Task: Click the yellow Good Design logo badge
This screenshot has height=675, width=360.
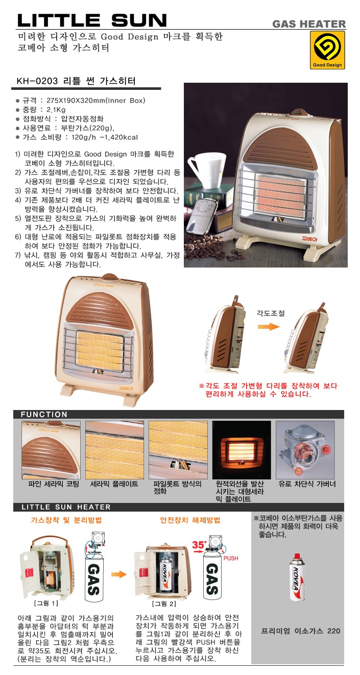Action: coord(327,50)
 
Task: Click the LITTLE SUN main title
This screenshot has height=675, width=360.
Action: coord(92,20)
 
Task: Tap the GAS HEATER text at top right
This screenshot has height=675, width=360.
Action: coord(309,24)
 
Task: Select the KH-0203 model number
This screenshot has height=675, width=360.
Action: coord(37,81)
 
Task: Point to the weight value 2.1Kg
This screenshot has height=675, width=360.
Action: coord(56,110)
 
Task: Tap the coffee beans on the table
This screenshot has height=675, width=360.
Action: coord(208,248)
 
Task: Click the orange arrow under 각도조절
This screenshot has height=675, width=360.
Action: coord(269,326)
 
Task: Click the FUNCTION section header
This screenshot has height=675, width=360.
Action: coord(44,414)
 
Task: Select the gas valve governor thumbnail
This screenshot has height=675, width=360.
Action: coord(305,450)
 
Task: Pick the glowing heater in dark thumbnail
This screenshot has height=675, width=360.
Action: coord(242,450)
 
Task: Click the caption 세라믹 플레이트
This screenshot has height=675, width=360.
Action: coord(114,484)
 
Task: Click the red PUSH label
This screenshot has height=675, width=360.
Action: coord(231,559)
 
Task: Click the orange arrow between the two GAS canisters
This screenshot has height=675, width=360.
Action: coord(118,574)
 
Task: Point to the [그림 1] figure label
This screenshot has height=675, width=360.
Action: coord(46,604)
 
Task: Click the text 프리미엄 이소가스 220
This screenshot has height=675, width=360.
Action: coord(301,631)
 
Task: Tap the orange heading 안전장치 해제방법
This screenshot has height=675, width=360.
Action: coord(190,520)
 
